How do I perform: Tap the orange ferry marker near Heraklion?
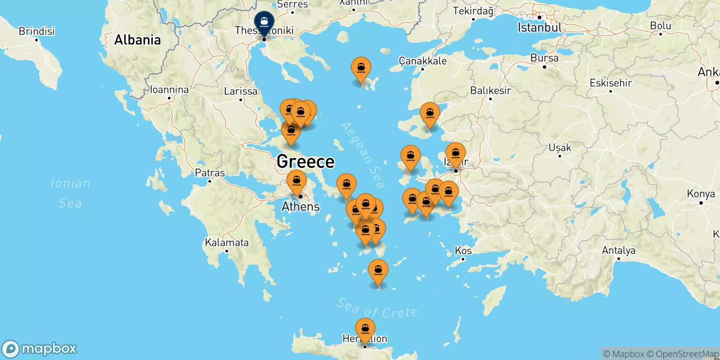pyautogui.click(x=365, y=329)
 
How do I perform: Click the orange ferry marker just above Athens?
pyautogui.click(x=297, y=182)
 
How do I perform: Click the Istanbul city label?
pyautogui.click(x=540, y=27)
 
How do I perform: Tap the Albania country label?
pyautogui.click(x=137, y=40)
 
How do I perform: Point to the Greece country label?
pyautogui.click(x=306, y=162)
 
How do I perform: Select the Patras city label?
pyautogui.click(x=210, y=173)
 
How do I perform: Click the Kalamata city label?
pyautogui.click(x=227, y=243)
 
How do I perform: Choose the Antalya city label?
pyautogui.click(x=619, y=250)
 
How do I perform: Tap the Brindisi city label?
pyautogui.click(x=36, y=31)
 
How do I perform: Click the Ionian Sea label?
pyautogui.click(x=70, y=193)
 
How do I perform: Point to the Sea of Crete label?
pyautogui.click(x=377, y=309)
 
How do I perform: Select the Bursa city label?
pyautogui.click(x=544, y=58)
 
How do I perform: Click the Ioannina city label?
pyautogui.click(x=169, y=90)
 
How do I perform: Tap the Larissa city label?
pyautogui.click(x=241, y=91)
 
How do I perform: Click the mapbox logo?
pyautogui.click(x=40, y=349)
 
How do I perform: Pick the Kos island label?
pyautogui.click(x=463, y=251)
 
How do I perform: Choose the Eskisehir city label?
pyautogui.click(x=611, y=83)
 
